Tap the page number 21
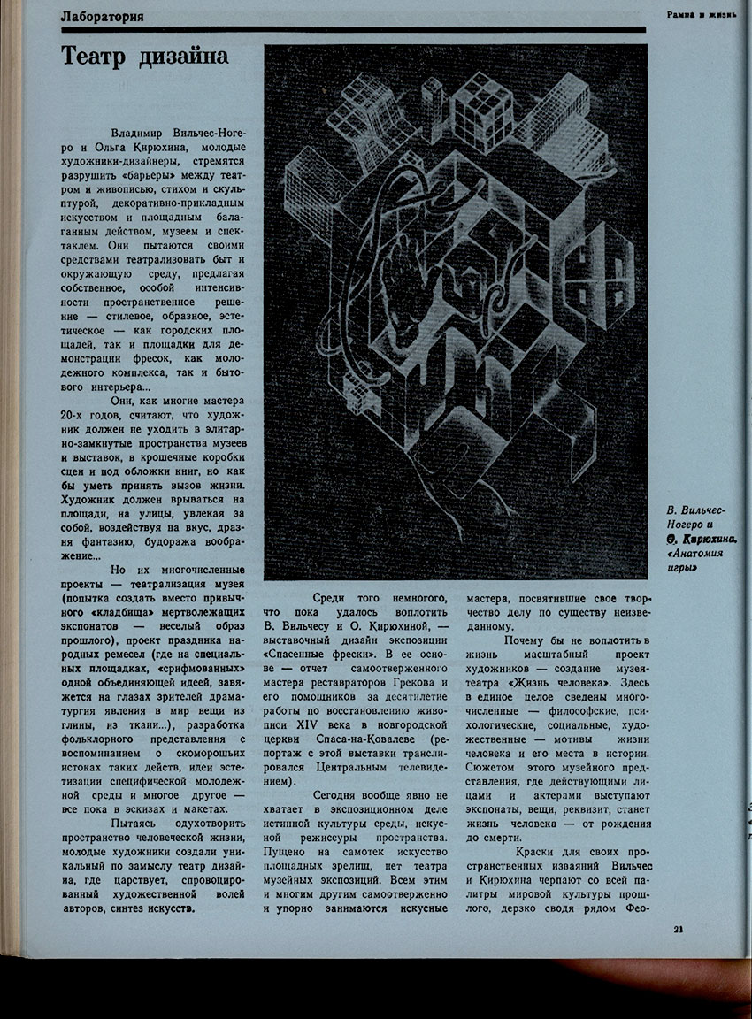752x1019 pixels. (678, 928)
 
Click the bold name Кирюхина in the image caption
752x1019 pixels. (707, 539)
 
